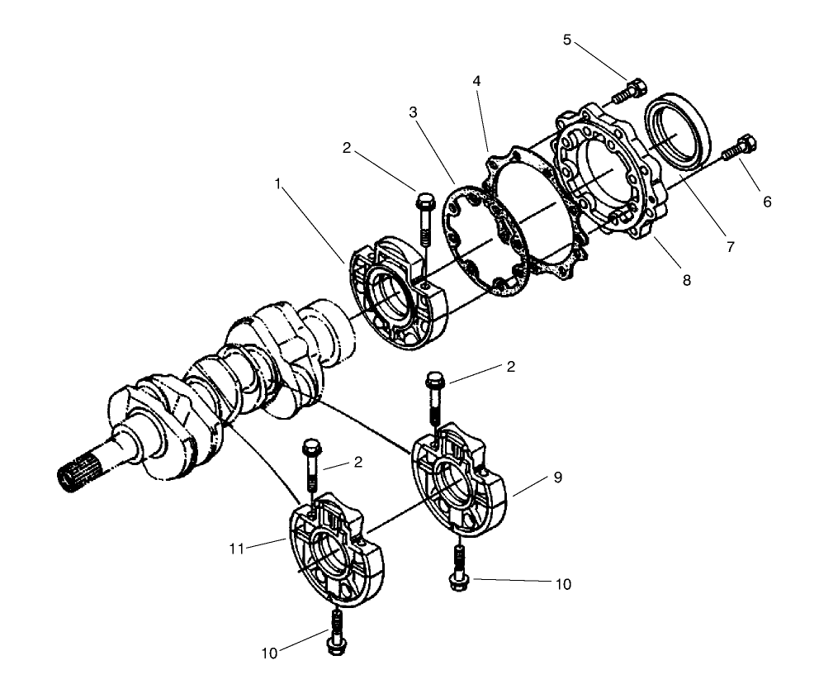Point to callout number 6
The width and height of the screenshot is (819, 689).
pyautogui.click(x=767, y=201)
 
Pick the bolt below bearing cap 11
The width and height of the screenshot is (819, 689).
pyautogui.click(x=336, y=632)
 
